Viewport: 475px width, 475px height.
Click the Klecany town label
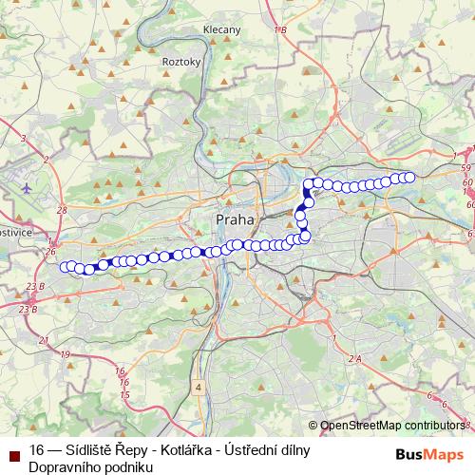click(221, 30)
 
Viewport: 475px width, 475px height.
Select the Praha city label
click(235, 219)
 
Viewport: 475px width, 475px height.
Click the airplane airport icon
click(26, 187)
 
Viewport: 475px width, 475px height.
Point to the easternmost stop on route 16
click(410, 177)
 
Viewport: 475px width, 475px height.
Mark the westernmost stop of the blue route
click(65, 267)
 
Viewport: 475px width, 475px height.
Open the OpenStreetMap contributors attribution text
click(392, 426)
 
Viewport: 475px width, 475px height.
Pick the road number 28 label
click(62, 210)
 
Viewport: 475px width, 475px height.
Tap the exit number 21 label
click(43, 339)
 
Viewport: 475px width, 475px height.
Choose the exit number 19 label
click(65, 354)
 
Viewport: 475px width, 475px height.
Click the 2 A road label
click(355, 358)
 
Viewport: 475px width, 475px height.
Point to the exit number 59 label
click(466, 169)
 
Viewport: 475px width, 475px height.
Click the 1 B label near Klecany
click(280, 30)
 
